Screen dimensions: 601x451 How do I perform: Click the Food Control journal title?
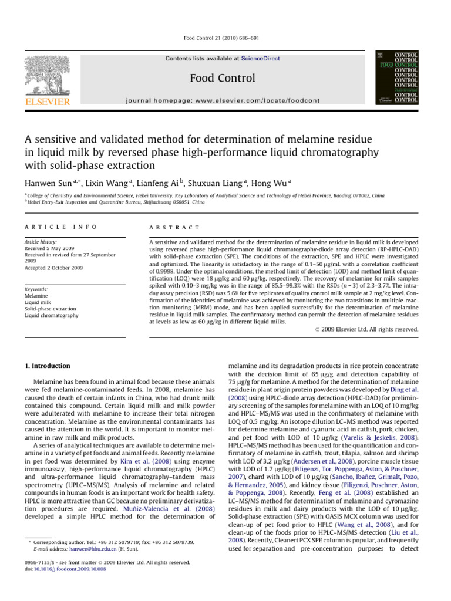coord(223,78)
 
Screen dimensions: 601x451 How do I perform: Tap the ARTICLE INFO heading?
coord(60,227)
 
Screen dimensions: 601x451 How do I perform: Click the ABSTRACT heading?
coord(174,227)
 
